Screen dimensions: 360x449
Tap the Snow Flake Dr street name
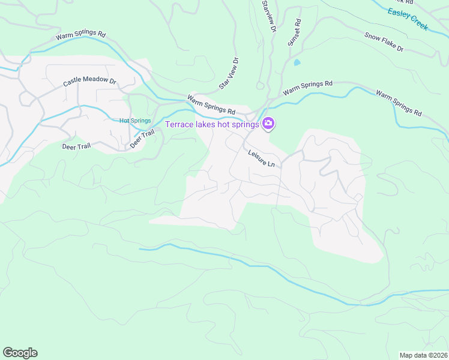pyautogui.click(x=384, y=41)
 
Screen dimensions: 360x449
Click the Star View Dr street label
pyautogui.click(x=229, y=74)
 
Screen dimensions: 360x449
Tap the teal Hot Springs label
pyautogui.click(x=135, y=121)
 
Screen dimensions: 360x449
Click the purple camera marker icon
pyautogui.click(x=268, y=124)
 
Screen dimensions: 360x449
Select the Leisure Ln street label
pyautogui.click(x=262, y=158)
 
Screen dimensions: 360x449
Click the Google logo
pyautogui.click(x=20, y=353)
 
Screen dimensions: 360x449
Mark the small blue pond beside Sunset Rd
pyautogui.click(x=297, y=62)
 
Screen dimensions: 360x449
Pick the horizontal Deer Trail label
pyautogui.click(x=76, y=146)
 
